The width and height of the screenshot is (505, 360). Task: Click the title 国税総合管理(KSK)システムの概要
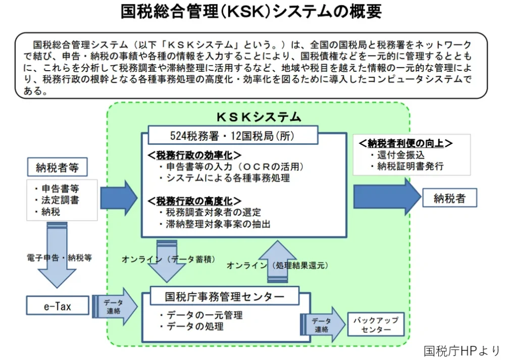pos(251,12)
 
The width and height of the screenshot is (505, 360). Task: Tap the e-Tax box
pos(58,305)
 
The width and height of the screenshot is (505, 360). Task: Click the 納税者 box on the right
pos(449,198)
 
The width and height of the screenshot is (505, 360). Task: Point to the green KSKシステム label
pos(258,117)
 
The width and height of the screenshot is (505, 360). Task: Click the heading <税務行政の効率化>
pos(194,155)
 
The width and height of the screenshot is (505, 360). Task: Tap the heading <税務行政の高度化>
pos(194,200)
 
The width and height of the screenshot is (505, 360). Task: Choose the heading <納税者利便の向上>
pos(405,143)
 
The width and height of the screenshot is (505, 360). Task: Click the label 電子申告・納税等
pos(60,257)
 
